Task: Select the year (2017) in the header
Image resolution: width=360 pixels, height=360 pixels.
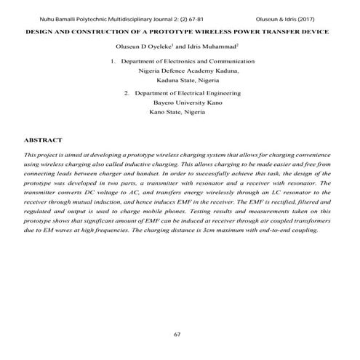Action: (324, 16)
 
